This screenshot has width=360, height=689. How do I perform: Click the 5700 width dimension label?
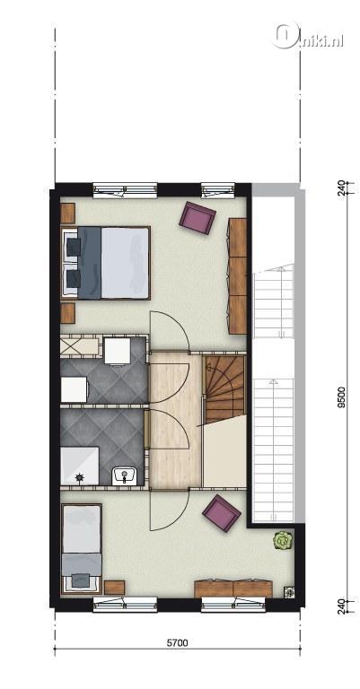coord(177,643)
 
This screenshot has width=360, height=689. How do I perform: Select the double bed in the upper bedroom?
coord(106,263)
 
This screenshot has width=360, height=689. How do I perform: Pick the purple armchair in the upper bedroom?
coord(198,218)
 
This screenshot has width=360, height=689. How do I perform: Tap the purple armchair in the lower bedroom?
coord(222,513)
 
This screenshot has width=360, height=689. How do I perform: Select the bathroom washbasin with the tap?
coord(125,475)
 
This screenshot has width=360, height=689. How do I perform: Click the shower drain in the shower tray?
coord(80,476)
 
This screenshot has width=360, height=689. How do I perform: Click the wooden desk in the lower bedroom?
coord(233,589)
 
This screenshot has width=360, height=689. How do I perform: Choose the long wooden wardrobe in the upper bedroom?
coord(238,276)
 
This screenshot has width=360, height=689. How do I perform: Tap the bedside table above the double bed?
coord(68,214)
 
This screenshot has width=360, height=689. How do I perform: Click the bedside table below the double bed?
coord(68,313)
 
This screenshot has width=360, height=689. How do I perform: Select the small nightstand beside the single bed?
coord(115,588)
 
